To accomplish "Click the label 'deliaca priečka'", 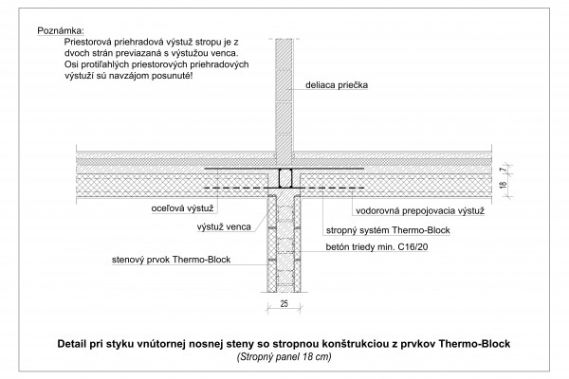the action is [337, 85].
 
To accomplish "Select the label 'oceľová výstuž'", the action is [182, 208].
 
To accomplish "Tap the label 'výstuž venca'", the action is [224, 227].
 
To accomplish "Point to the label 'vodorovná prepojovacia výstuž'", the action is [420, 211].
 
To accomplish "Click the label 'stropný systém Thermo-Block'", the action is [388, 230].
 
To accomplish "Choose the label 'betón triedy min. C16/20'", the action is [376, 247].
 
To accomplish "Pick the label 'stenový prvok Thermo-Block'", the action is [171, 260].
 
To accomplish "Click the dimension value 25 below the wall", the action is [284, 303].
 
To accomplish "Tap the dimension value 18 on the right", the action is [503, 185].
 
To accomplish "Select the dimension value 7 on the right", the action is [503, 170].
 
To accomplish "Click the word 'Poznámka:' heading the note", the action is [61, 31].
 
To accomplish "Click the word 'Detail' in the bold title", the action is [72, 343].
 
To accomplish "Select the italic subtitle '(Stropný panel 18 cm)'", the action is [284, 357].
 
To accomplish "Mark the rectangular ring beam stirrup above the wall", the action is [285, 178].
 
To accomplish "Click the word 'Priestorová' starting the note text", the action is [88, 42].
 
